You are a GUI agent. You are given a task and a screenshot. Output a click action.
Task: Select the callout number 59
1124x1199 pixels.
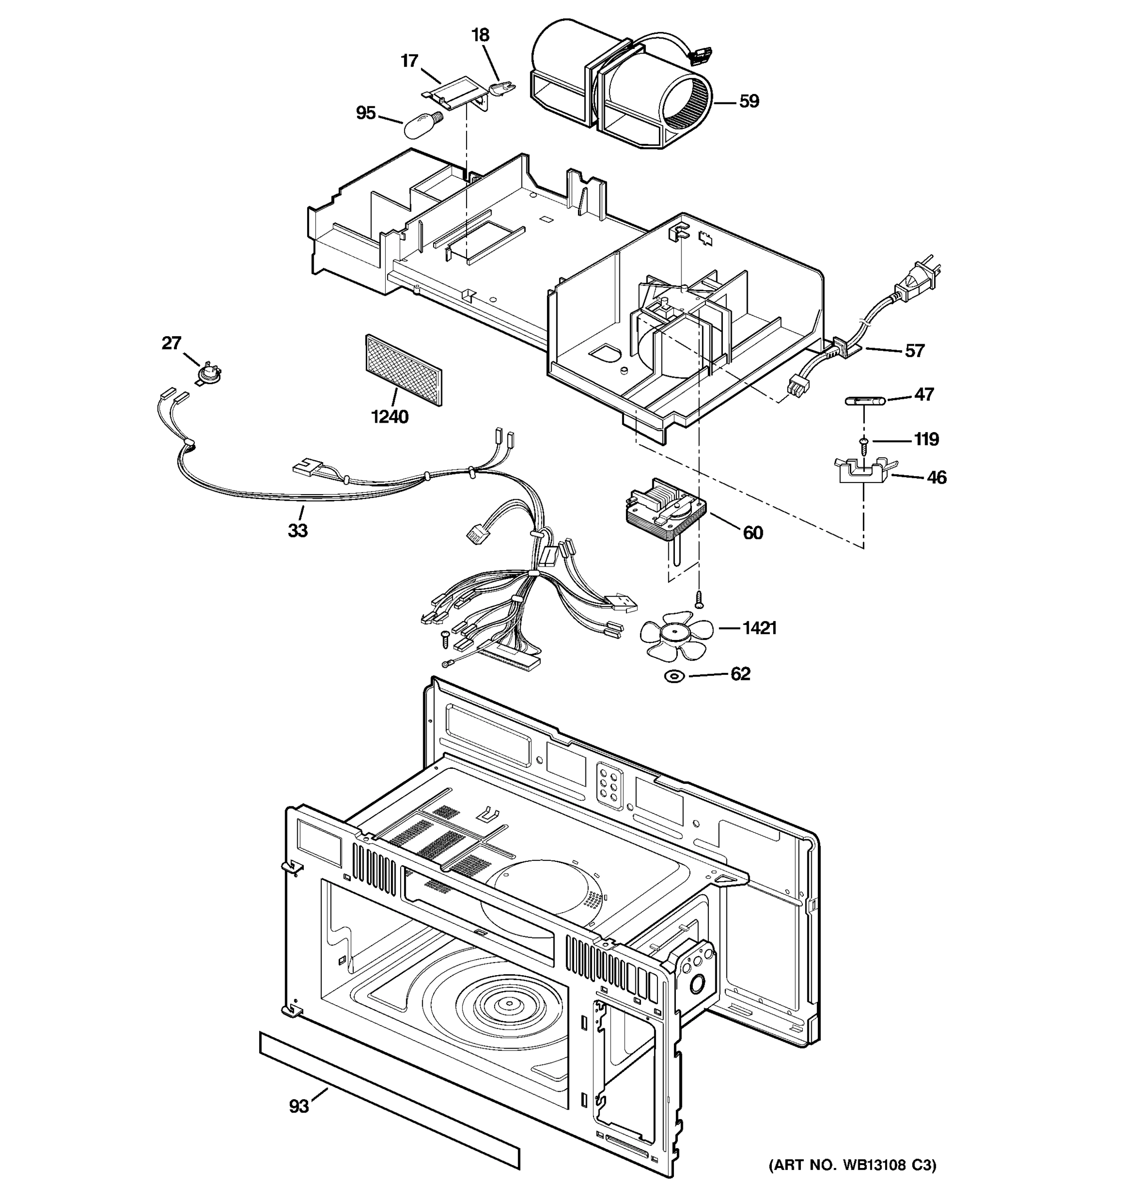pyautogui.click(x=748, y=101)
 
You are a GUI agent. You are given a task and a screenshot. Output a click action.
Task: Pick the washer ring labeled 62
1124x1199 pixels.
pyautogui.click(x=674, y=677)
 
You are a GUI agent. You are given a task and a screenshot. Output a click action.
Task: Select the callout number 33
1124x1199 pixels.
pyautogui.click(x=297, y=530)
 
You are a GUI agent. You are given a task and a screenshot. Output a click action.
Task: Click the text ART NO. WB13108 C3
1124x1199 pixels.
pyautogui.click(x=852, y=1181)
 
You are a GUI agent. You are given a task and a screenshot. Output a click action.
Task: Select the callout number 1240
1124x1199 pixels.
pyautogui.click(x=390, y=416)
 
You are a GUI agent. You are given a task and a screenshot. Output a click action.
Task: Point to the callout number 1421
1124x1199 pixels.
pyautogui.click(x=759, y=628)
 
